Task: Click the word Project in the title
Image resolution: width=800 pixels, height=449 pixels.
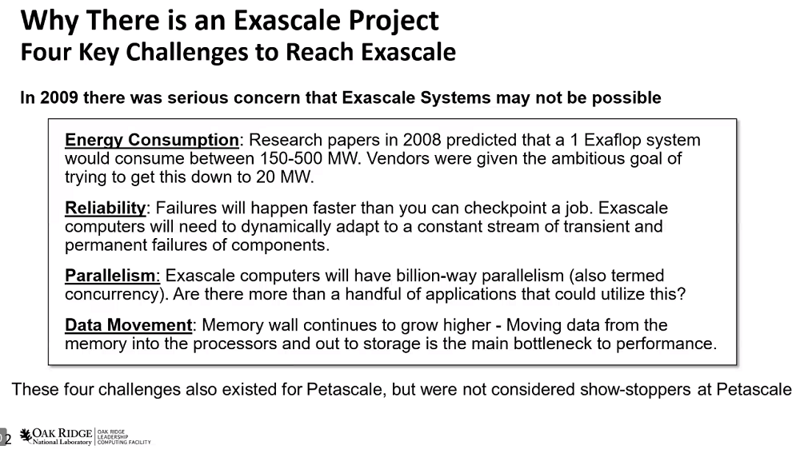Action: (394, 22)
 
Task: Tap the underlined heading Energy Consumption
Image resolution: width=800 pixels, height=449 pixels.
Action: (151, 140)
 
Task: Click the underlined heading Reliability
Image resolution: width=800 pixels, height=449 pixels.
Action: (105, 209)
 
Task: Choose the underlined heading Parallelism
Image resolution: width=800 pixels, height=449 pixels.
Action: (112, 276)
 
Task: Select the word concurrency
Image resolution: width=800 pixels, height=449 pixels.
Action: (116, 295)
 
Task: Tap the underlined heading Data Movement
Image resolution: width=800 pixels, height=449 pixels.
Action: (128, 325)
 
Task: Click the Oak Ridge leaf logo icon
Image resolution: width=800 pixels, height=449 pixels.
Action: (26, 436)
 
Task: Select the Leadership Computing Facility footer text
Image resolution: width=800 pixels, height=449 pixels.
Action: (124, 437)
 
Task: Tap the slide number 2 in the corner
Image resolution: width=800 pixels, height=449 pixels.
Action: (8, 439)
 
